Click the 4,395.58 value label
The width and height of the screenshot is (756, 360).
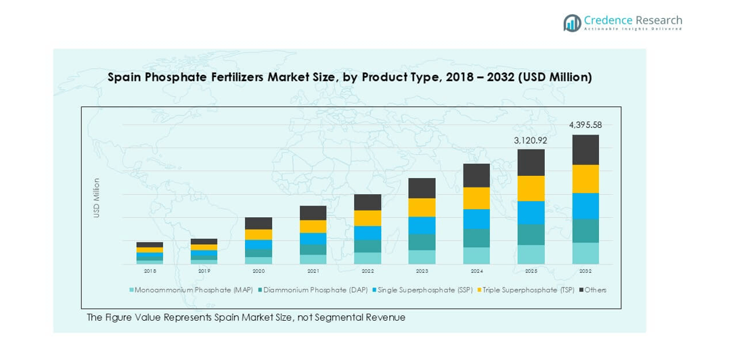point(585,125)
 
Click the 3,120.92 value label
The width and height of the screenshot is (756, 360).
point(531,141)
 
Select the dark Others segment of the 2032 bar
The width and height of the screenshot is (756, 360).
point(585,150)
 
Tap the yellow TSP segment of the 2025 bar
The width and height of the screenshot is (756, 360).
point(531,188)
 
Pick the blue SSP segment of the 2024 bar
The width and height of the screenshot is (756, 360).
point(476,219)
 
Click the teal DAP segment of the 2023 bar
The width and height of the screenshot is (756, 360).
point(422,242)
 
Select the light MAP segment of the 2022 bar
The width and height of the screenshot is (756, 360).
point(368,258)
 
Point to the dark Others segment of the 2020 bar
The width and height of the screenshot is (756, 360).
point(259,223)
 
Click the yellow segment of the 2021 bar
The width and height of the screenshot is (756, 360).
point(313,226)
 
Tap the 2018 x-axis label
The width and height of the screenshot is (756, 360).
point(150,271)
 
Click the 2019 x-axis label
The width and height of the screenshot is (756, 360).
point(204,271)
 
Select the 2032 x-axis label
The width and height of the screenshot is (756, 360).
point(585,271)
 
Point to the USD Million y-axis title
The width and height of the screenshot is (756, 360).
point(97,198)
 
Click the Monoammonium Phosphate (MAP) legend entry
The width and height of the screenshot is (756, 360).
point(193,290)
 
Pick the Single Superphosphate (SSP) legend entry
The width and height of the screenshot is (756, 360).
point(424,290)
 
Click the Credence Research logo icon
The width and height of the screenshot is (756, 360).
point(573,23)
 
